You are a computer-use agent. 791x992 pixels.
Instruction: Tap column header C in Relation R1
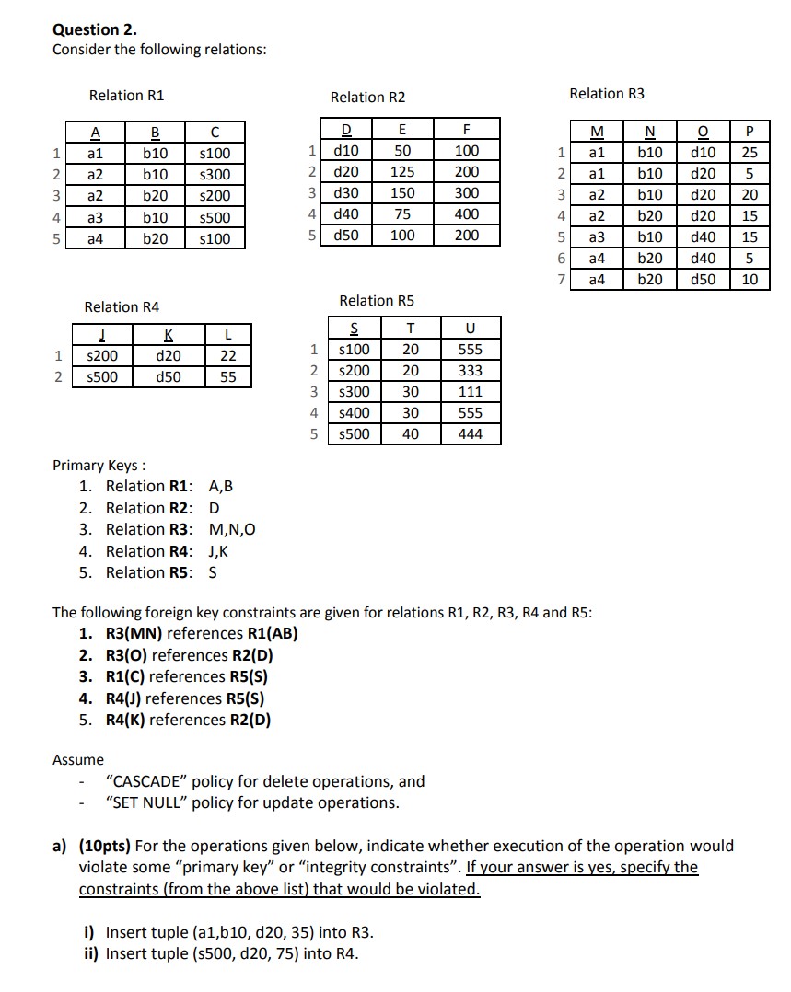[215, 132]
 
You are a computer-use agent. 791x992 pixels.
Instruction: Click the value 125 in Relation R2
[402, 171]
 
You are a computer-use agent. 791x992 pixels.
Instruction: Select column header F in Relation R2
[467, 129]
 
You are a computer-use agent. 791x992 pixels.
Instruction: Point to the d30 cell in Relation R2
[346, 193]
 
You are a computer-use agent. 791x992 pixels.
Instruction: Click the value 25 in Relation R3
[750, 151]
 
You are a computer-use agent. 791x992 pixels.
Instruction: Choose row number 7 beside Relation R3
[562, 279]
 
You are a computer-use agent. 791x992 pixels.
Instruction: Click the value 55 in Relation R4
[228, 377]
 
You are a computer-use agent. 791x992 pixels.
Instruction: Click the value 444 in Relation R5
[470, 434]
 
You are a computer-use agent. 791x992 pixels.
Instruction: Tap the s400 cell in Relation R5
[354, 413]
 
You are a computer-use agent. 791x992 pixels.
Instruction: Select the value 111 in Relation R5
[470, 392]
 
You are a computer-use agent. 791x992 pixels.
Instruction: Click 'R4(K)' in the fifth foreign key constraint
[125, 720]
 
